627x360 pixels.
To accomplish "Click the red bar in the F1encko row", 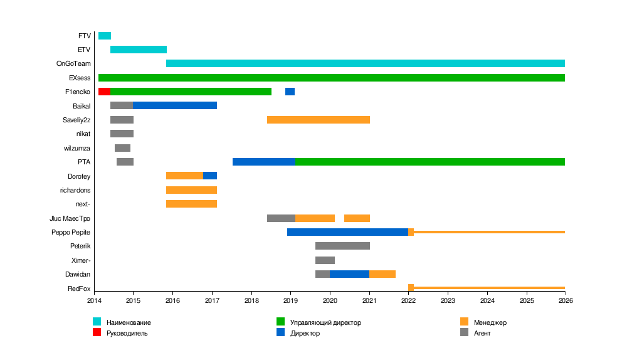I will pos(104,92).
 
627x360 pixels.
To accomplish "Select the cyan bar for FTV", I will pos(105,36).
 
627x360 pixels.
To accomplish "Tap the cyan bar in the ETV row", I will pos(139,50).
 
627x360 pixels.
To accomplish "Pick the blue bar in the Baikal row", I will pos(175,105).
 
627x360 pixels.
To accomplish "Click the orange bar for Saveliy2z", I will pos(319,120).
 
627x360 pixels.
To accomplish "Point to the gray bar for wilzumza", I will pos(122,148).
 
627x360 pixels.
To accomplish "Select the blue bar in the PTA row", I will pos(264,162).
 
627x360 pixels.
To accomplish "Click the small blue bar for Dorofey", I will pos(210,176).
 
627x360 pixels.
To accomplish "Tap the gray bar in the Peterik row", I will pos(342,246).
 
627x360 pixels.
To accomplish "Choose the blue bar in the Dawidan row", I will pos(349,274).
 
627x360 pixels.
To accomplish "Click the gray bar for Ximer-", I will pos(325,260).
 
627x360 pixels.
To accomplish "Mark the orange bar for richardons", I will pos(191,190).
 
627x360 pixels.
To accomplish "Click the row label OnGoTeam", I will pos(73,64).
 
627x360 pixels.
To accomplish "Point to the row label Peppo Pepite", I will pos(71,232).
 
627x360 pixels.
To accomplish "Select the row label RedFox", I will pos(79,289).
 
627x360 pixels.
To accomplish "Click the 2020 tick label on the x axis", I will pos(330,301).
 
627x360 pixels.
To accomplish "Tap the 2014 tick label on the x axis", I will pos(94,301).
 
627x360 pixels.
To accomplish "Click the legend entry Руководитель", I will pos(127,333).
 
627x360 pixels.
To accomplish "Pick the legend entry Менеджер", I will pos(490,322).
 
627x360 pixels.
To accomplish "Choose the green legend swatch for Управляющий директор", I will pos(281,322).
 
